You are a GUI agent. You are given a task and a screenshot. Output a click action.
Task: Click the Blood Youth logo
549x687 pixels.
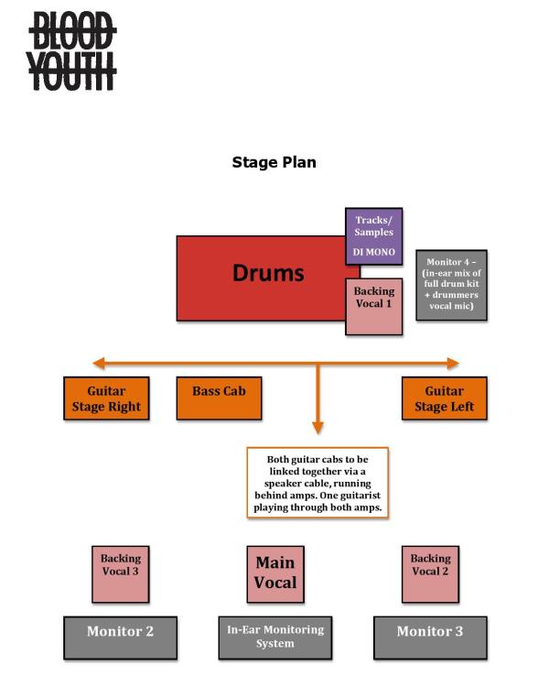71,51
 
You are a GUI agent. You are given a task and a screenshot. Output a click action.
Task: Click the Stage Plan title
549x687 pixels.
274,162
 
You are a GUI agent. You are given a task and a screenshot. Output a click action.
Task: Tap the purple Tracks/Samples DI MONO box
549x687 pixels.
373,236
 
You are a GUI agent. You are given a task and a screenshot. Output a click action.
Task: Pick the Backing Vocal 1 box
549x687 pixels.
373,307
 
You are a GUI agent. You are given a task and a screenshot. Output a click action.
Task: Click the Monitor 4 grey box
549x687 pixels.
451,285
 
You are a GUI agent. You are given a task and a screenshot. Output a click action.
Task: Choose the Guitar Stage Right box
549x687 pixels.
105,398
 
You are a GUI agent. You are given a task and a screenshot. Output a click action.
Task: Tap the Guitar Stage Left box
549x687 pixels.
444,398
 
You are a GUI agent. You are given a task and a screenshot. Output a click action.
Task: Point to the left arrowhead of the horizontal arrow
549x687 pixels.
98,363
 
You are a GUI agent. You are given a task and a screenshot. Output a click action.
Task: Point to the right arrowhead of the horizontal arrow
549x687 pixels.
452,363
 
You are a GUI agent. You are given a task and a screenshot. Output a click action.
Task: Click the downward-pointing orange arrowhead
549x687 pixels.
318,427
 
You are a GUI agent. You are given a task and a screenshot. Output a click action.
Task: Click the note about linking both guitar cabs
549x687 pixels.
318,483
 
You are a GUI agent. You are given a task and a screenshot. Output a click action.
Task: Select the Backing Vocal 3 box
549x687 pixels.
121,574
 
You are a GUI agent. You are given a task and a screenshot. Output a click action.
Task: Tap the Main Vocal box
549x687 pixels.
275,574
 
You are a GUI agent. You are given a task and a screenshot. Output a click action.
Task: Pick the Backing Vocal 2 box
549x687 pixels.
430,574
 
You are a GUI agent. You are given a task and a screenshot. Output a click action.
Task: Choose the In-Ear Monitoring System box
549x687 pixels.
275,638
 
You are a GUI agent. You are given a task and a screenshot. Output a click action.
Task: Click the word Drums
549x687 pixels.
268,272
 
